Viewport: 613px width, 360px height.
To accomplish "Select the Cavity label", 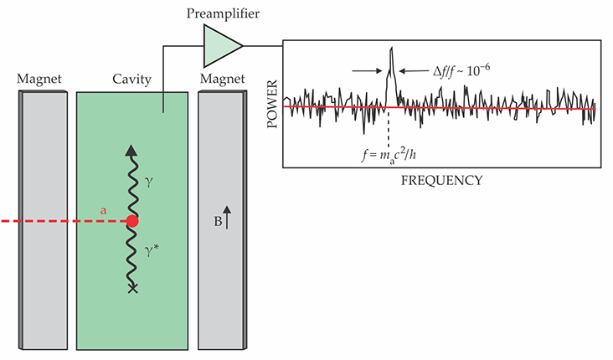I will pyautogui.click(x=131, y=80).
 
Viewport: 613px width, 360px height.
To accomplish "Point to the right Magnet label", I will pyautogui.click(x=222, y=80).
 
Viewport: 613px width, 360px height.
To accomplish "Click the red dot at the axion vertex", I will pyautogui.click(x=131, y=222).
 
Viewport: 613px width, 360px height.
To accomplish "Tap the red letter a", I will pyautogui.click(x=103, y=212).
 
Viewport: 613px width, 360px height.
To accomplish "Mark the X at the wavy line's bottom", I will pyautogui.click(x=131, y=289).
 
